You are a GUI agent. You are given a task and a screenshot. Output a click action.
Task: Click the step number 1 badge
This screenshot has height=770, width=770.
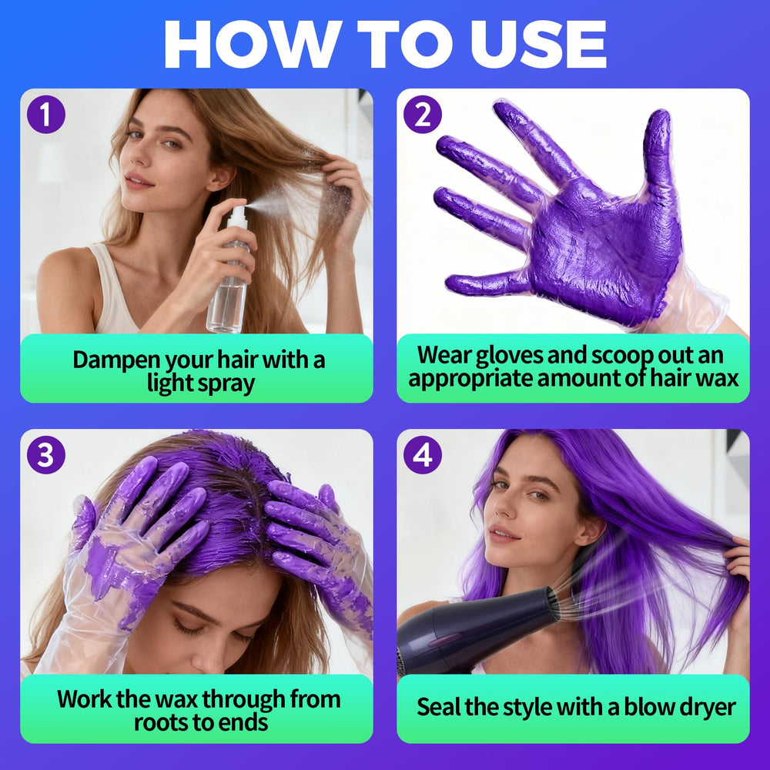(45, 115)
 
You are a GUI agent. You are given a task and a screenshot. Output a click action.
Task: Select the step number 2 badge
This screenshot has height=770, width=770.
(422, 115)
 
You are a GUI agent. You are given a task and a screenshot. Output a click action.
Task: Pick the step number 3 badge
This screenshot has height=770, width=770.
(45, 455)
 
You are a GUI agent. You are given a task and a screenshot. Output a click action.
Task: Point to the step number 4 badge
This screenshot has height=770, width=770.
(422, 455)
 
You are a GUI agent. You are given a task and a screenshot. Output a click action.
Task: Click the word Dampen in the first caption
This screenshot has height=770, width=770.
(117, 360)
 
